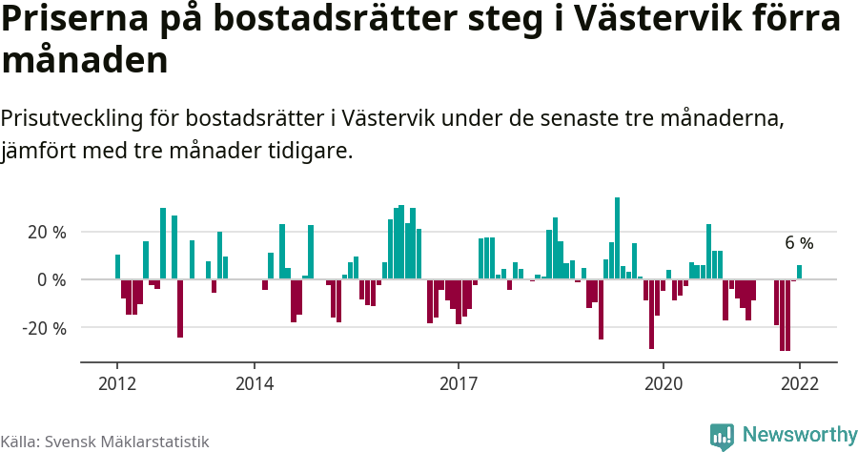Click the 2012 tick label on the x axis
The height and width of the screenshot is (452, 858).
pos(117,383)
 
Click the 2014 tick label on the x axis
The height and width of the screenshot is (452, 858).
pos(254,383)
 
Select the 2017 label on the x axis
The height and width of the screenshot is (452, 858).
pos(459,383)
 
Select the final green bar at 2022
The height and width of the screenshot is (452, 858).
pos(799,273)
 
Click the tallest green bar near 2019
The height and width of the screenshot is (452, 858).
pos(618,238)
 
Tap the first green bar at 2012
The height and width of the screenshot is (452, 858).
pos(117,267)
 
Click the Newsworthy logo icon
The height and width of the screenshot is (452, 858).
pos(722,436)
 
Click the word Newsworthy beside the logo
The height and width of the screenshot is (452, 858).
pos(799,435)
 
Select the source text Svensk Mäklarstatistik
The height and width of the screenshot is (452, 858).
pos(127,442)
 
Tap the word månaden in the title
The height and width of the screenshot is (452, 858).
pos(85,62)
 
